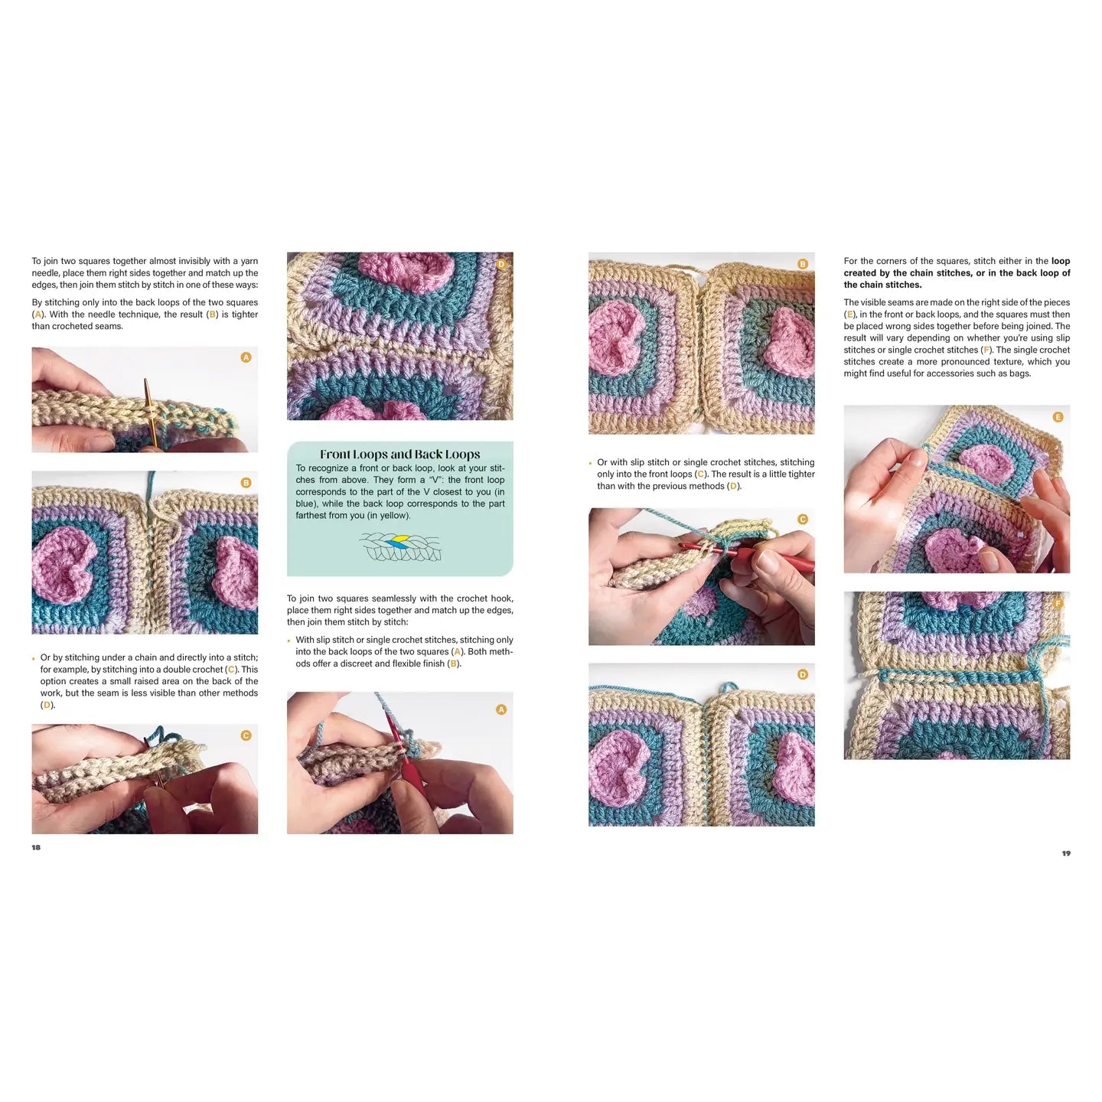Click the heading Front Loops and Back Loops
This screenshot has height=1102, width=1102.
pyautogui.click(x=399, y=454)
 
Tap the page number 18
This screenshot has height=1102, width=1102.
pyautogui.click(x=36, y=847)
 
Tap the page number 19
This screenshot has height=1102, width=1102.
pyautogui.click(x=1065, y=853)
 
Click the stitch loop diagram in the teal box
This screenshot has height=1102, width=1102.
pyautogui.click(x=401, y=547)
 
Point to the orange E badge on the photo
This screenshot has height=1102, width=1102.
pyautogui.click(x=1058, y=417)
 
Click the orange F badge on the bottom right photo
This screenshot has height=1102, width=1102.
pyautogui.click(x=1058, y=603)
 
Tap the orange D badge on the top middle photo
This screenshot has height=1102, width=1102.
pyautogui.click(x=501, y=264)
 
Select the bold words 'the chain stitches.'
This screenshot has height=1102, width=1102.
pyautogui.click(x=882, y=285)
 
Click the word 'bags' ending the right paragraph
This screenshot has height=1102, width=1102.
pyautogui.click(x=1019, y=373)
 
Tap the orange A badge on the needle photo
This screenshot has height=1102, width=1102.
pyautogui.click(x=246, y=357)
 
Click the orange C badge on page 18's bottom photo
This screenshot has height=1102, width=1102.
pyautogui.click(x=246, y=735)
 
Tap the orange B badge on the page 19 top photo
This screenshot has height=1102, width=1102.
pyautogui.click(x=803, y=264)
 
